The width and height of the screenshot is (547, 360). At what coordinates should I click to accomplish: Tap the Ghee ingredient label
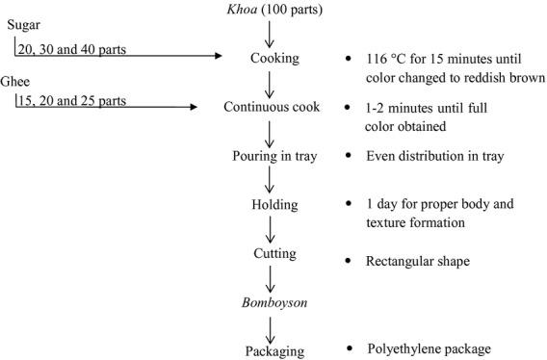coord(17,83)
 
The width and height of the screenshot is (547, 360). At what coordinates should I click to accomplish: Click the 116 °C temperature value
coord(384,59)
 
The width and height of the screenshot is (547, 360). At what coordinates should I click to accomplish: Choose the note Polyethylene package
coord(430,348)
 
